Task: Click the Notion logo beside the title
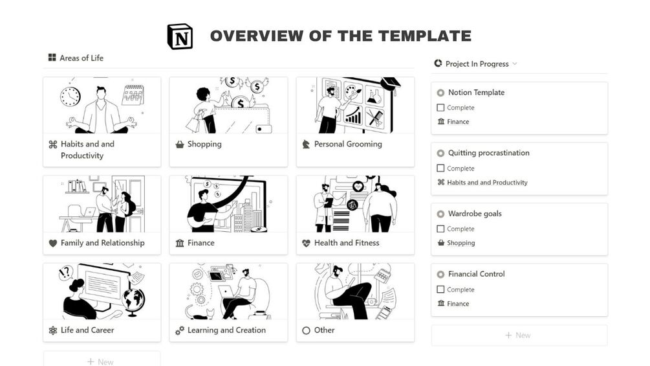tap(180, 36)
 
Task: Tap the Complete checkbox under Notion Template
tap(440, 108)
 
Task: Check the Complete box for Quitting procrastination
tap(440, 168)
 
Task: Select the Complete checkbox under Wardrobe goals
tap(440, 229)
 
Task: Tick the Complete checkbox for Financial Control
tap(440, 289)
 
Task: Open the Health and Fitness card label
tap(347, 243)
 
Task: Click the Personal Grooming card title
tap(348, 144)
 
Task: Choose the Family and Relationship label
tap(102, 243)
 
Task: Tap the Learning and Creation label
tap(226, 330)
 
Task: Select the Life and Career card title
tap(87, 330)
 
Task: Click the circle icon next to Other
tap(306, 331)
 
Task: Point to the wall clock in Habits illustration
tap(70, 97)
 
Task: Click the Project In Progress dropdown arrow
tap(515, 63)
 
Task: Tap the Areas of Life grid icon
tap(52, 57)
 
